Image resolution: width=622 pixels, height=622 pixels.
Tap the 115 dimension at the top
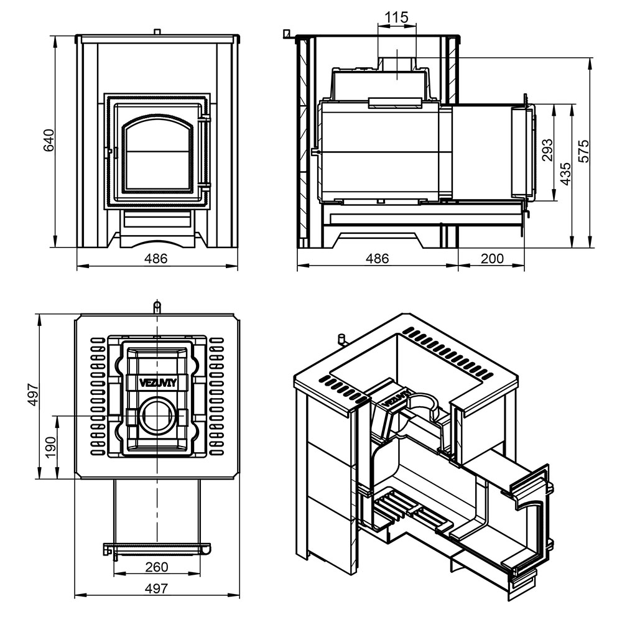(x=397, y=17)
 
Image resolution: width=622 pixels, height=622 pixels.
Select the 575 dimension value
(x=583, y=151)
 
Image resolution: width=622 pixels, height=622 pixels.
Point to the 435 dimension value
(x=566, y=174)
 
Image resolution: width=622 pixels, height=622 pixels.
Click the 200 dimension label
(x=492, y=258)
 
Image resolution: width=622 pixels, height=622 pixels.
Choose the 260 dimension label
(x=157, y=567)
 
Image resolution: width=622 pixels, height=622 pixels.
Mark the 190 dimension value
(x=51, y=447)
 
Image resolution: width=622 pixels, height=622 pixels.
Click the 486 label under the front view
(x=156, y=258)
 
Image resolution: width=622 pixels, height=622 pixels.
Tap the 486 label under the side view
(x=377, y=258)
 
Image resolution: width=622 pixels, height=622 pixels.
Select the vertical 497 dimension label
(x=32, y=395)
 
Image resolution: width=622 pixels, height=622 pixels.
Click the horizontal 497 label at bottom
(x=156, y=588)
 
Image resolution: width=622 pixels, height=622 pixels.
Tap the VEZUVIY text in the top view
(x=157, y=383)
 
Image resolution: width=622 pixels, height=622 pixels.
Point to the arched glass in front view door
(x=157, y=153)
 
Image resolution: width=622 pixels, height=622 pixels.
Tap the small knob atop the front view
(x=157, y=31)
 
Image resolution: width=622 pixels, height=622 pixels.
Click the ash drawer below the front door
(x=157, y=218)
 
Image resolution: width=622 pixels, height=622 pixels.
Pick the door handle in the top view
(x=157, y=549)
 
